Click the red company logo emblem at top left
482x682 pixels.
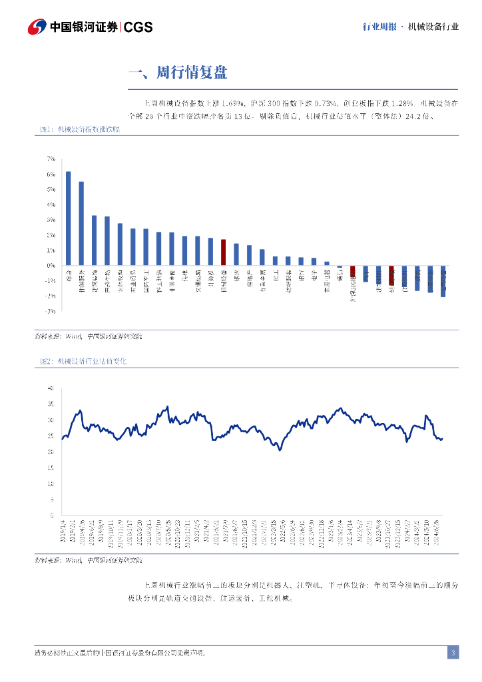tap(37, 27)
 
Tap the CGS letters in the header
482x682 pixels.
tap(138, 27)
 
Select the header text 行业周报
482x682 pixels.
tap(379, 27)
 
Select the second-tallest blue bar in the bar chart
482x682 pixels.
tap(81, 223)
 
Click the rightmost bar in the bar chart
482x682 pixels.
tap(443, 281)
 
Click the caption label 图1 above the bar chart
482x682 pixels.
tap(45, 131)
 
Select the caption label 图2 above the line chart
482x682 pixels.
tap(45, 361)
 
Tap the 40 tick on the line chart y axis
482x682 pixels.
tap(50, 388)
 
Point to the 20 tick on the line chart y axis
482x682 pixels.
tap(50, 452)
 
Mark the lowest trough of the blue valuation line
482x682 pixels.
tap(280, 450)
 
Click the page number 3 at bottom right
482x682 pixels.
tap(453, 653)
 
